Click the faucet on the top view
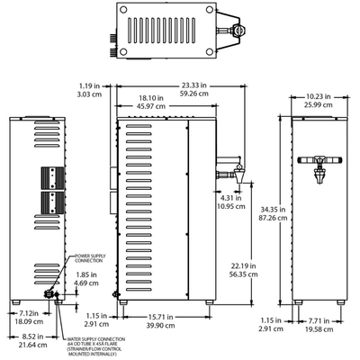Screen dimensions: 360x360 tap(238, 30)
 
